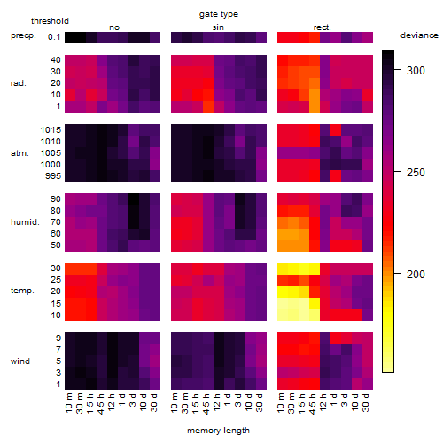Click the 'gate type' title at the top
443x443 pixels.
coord(219,14)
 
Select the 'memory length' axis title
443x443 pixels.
coord(219,431)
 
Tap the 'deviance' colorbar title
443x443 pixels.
coord(419,35)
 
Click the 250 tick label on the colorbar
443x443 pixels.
coord(416,172)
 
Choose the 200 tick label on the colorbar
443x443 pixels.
coord(416,274)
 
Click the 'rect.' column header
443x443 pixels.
coord(323,27)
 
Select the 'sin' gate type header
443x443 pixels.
coord(218,27)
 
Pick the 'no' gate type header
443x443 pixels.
coord(114,27)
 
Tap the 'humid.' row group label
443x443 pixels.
coord(25,222)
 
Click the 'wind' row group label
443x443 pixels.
coord(20,361)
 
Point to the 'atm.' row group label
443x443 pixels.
coord(19,153)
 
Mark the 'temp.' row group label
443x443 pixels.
coord(22,291)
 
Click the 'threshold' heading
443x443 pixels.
coord(50,21)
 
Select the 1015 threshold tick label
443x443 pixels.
coord(51,129)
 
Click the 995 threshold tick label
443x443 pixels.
coord(53,176)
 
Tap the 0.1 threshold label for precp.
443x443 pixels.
coord(54,37)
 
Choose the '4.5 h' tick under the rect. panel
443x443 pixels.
coord(313,404)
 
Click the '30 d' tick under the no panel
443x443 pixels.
coord(154,402)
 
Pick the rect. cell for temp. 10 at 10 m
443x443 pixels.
coord(283,315)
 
